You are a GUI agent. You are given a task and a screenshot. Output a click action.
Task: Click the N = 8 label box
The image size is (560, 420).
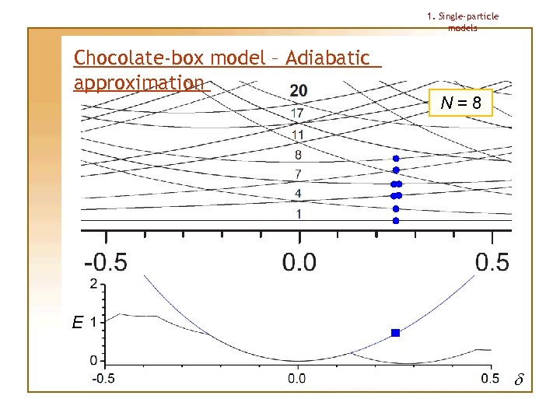click(x=460, y=102)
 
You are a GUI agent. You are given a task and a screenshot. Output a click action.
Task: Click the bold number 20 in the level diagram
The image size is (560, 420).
click(x=298, y=91)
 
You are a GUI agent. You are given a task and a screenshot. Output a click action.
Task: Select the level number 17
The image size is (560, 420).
click(x=298, y=114)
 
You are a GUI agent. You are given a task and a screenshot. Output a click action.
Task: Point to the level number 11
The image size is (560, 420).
click(x=298, y=135)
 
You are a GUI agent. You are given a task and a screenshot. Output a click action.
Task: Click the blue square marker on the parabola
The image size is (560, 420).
click(x=395, y=333)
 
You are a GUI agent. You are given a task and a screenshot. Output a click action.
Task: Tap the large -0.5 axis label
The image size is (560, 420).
click(x=106, y=261)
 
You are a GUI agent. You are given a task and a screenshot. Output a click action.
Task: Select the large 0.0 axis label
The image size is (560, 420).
click(x=299, y=261)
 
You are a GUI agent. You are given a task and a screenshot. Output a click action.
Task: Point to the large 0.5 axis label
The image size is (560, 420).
click(x=492, y=261)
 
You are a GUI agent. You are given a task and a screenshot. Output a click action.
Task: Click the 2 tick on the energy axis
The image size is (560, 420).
click(x=94, y=284)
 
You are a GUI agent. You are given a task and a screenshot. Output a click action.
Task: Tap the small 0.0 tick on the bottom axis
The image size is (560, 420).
click(x=297, y=378)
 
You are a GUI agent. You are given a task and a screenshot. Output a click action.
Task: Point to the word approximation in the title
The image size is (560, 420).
click(x=138, y=82)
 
